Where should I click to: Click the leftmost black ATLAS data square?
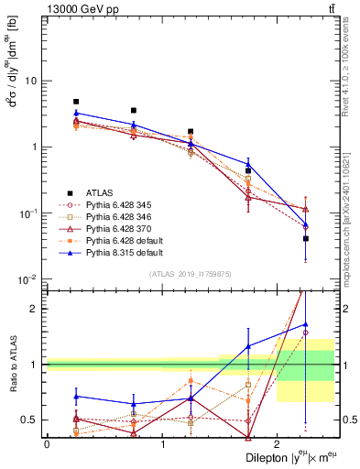76,102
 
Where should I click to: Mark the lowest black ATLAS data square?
306,238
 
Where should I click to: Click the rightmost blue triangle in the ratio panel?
306,324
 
